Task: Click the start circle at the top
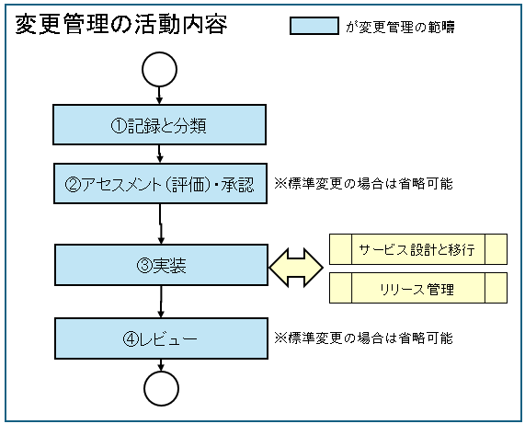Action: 160,68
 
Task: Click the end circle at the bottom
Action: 161,388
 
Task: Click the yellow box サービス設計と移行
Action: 417,249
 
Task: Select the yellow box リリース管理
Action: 417,289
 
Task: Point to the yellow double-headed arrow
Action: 295,267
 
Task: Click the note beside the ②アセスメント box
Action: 363,183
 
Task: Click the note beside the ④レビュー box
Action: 363,338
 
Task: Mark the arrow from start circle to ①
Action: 160,94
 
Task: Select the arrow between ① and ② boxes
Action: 161,155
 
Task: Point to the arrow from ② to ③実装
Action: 162,223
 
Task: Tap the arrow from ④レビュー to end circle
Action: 161,365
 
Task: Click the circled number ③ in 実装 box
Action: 143,266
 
